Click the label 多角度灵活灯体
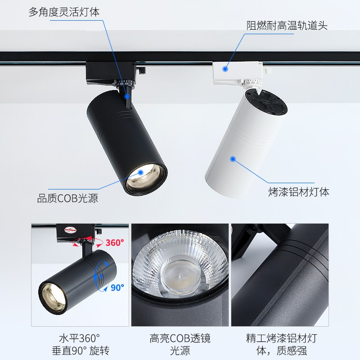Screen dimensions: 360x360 tap(64, 12)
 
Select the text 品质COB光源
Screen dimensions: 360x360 tap(67, 198)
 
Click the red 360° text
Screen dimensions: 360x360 tap(114, 243)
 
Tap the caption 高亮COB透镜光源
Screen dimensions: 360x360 tap(180, 344)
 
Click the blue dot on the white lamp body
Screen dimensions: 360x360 tap(233, 158)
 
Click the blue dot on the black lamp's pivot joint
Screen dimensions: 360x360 tap(128, 96)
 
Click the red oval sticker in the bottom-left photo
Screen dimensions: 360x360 tap(71, 230)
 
